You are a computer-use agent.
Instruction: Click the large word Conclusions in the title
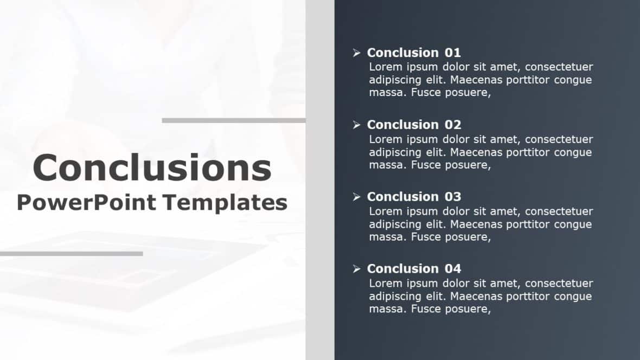tap(152, 168)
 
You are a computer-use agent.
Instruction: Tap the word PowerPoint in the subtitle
tap(86, 203)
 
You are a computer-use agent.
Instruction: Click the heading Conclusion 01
tap(414, 53)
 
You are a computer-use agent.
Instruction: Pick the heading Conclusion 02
tap(414, 125)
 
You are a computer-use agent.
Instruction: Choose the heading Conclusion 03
tap(414, 197)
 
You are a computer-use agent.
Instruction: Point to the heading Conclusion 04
tap(414, 269)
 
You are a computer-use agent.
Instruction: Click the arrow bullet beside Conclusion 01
tap(356, 53)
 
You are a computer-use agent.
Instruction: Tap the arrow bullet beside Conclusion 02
tap(356, 125)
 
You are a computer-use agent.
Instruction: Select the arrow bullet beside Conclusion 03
tap(356, 197)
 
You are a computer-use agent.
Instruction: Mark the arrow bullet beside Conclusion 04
tap(356, 269)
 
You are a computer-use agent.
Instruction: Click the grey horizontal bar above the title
tap(234, 120)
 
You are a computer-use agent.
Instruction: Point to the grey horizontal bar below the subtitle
tap(71, 253)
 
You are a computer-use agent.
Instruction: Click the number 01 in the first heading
tap(453, 53)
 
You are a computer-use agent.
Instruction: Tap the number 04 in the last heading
tap(453, 269)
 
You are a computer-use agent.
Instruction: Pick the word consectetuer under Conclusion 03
tap(559, 211)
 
